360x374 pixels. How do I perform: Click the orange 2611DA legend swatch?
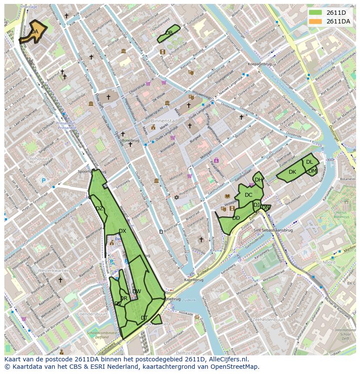[x=316, y=21]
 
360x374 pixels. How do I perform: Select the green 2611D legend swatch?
[x=316, y=13]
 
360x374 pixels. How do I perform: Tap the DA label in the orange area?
[x=34, y=32]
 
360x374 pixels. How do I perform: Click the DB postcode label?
[x=169, y=33]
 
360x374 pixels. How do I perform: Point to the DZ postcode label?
[x=99, y=209]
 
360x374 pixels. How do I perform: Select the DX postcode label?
[x=122, y=231]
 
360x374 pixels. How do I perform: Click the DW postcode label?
[x=137, y=291]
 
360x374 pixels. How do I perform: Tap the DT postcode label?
[x=144, y=318]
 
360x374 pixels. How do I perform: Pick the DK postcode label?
[x=292, y=172]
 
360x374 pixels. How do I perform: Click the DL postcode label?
[x=309, y=162]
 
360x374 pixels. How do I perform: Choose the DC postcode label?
[x=248, y=195]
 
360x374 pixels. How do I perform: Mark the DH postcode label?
[x=258, y=180]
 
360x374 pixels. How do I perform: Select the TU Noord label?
[x=326, y=262]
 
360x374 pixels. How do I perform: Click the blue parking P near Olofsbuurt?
[x=43, y=181]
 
